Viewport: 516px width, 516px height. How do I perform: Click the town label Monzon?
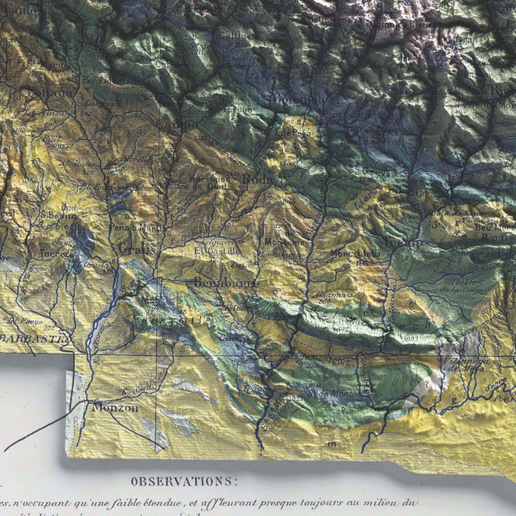pyautogui.click(x=115, y=407)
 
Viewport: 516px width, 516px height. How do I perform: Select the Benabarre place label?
pyautogui.click(x=226, y=283)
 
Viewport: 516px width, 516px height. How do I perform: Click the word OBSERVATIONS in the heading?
pyautogui.click(x=184, y=482)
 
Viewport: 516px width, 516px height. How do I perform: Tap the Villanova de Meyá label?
pyautogui.click(x=464, y=365)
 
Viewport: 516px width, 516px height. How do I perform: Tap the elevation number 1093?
pyautogui.click(x=409, y=339)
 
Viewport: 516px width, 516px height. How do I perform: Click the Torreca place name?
pyautogui.click(x=55, y=253)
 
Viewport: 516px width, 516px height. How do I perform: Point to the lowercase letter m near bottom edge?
pyautogui.click(x=332, y=444)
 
